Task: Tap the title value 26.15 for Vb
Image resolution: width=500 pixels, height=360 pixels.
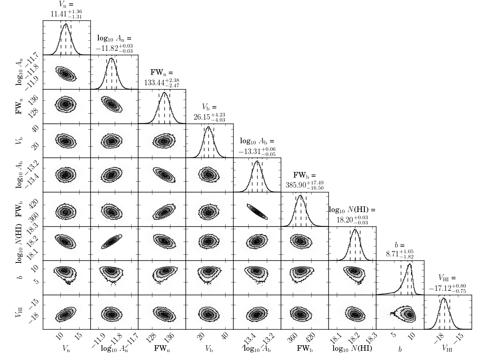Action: click(200, 117)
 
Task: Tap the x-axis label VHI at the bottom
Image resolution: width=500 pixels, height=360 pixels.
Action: click(448, 349)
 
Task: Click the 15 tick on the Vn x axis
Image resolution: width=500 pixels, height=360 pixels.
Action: click(79, 338)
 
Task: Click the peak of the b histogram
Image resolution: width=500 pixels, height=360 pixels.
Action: click(409, 264)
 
